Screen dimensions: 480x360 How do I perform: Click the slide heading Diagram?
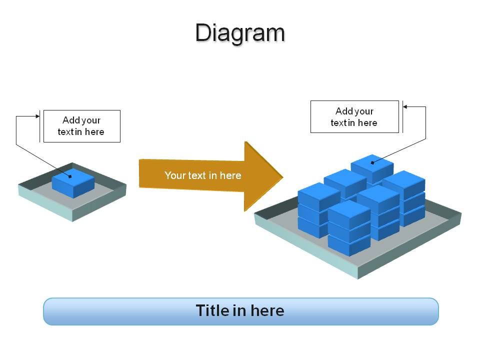pos(240,33)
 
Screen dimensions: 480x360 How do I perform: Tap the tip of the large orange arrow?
pos(283,176)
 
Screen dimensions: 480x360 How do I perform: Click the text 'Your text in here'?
pos(202,175)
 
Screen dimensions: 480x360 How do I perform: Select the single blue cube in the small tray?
pos(73,183)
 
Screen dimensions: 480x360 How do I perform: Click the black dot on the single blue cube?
pos(70,176)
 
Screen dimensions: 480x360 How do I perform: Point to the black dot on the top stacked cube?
pos(372,162)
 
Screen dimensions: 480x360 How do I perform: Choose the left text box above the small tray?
pos(82,126)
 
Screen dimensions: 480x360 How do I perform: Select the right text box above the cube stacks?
pos(354,116)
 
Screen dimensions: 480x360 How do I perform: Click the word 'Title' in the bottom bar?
pos(212,310)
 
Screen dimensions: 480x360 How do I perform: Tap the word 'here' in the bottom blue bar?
pos(267,310)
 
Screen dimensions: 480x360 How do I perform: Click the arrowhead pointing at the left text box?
pos(37,116)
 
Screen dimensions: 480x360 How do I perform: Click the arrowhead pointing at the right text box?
pos(405,106)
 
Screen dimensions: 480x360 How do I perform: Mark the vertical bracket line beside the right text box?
pos(402,116)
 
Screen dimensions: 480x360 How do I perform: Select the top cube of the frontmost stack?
pos(349,214)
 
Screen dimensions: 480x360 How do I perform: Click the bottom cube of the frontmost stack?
pos(349,245)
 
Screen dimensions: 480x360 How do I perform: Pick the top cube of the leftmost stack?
pos(319,197)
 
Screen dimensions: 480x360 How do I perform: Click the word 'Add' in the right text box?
pos(343,111)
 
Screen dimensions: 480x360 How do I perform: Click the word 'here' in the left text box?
pos(94,132)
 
